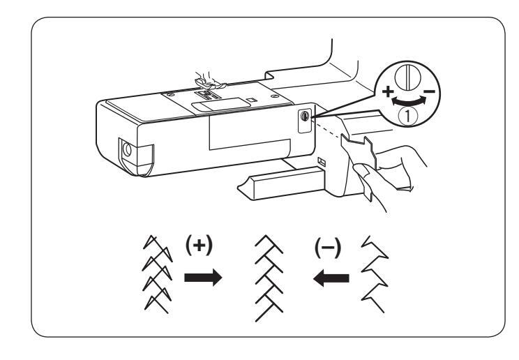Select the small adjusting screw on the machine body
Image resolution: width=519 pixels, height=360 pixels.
click(x=306, y=119)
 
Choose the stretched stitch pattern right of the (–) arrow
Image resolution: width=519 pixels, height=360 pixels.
click(x=372, y=270)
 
